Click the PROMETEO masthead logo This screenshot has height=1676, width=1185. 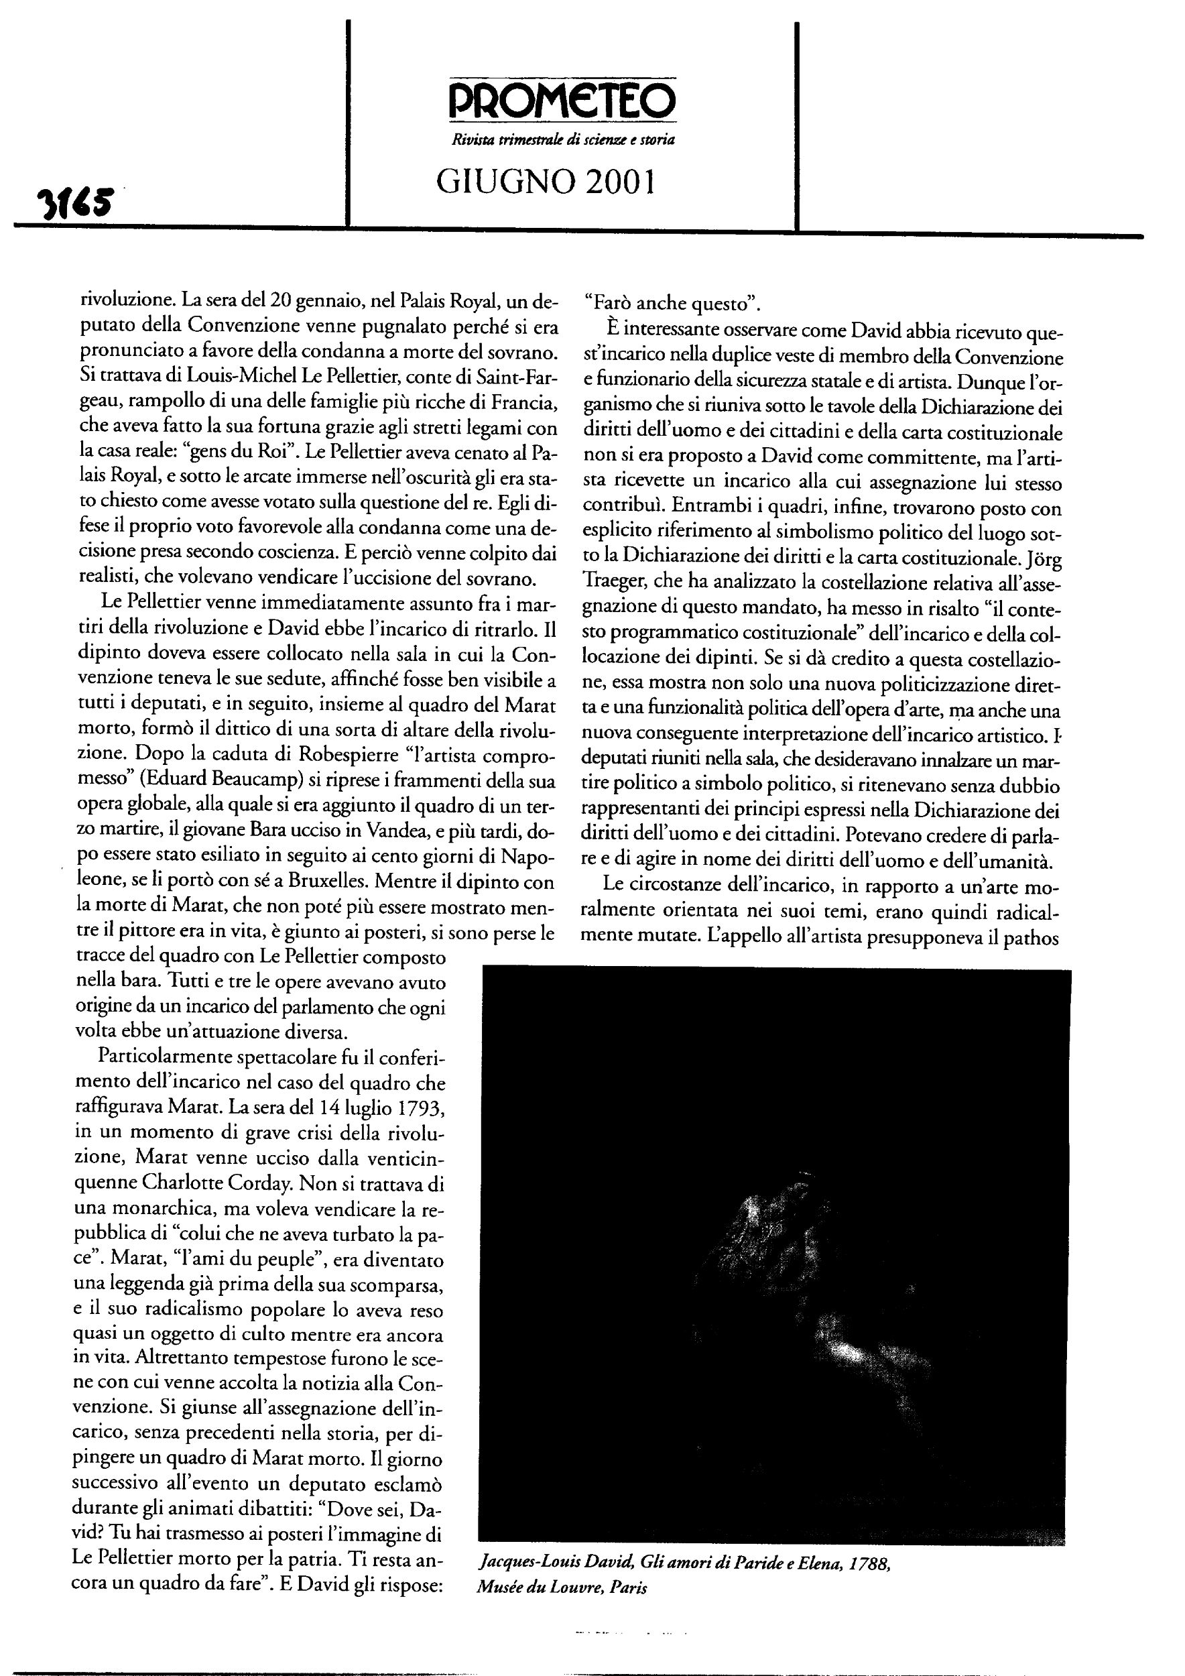pyautogui.click(x=561, y=101)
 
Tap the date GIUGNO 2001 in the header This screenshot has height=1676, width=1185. pyautogui.click(x=545, y=182)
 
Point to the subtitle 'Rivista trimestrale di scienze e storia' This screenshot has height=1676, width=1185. pyautogui.click(x=562, y=139)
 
